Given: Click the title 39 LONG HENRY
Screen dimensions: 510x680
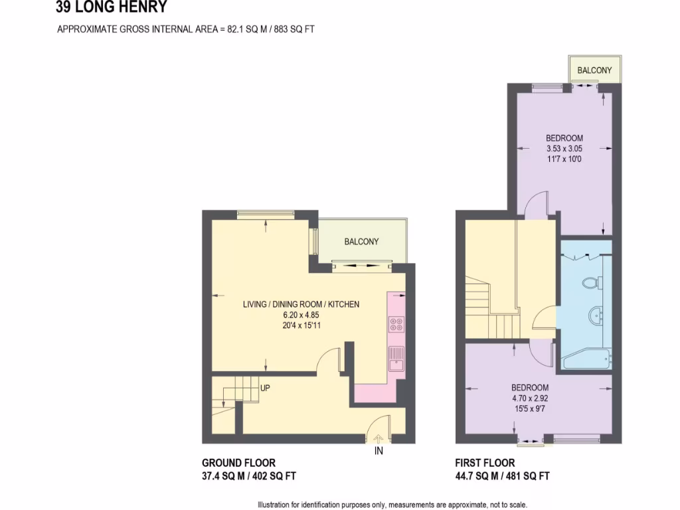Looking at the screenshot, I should tap(112, 8).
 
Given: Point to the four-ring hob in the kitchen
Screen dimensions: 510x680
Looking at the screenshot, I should tap(396, 325).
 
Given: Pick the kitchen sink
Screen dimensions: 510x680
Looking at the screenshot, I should tap(396, 359).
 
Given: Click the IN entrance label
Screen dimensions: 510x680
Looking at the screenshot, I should tap(379, 451).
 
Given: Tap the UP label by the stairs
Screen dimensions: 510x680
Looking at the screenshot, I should tap(265, 388).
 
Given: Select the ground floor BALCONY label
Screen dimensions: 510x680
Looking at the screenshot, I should tap(361, 242).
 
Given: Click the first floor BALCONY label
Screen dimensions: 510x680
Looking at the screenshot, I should tap(594, 70).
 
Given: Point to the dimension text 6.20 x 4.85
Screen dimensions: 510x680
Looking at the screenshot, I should tap(301, 315).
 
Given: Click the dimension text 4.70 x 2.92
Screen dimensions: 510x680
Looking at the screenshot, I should tap(530, 398).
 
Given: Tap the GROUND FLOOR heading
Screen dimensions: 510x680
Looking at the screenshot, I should tap(238, 463).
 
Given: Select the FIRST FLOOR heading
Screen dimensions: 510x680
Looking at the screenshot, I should tap(484, 463).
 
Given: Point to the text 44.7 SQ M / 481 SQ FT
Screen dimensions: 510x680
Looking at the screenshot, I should tap(502, 475).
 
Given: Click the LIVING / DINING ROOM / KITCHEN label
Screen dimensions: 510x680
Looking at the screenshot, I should tap(301, 304).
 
